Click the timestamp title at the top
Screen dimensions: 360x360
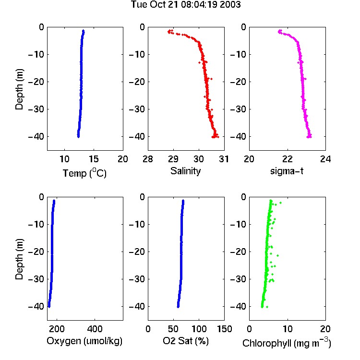pos(186,5)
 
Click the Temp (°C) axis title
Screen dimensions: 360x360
pos(84,173)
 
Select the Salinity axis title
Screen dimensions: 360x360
pos(185,171)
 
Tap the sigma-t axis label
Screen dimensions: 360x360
pos(287,171)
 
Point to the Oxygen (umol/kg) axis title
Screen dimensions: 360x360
pos(84,341)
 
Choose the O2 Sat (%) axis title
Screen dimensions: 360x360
pos(186,341)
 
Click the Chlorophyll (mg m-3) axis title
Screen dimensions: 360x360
pos(287,343)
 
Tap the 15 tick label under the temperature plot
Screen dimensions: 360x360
pos(94,159)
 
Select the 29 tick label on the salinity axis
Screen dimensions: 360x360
pos(173,159)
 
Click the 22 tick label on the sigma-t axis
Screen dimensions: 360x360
pos(287,159)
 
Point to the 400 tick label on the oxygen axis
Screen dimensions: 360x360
pos(95,329)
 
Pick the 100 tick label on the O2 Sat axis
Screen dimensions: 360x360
pos(199,329)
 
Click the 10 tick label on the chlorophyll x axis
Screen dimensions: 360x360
pos(288,329)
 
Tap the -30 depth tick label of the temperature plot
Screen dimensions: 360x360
pos(36,109)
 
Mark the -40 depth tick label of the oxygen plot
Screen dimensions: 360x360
pos(36,306)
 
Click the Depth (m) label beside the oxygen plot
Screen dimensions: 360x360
pos(19,259)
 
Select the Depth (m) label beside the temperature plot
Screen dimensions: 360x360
pos(19,89)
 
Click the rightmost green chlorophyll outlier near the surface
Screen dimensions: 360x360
pos(280,203)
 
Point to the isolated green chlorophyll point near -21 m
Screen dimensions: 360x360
pos(277,255)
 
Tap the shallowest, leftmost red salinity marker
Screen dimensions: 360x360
pos(169,32)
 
